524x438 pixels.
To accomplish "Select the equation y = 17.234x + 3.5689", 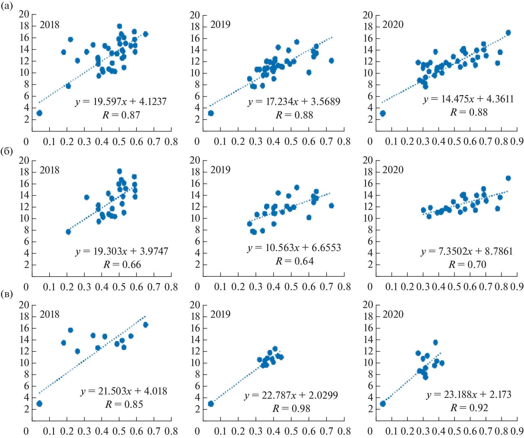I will click(294, 101).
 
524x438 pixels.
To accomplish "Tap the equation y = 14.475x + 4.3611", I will click(468, 99).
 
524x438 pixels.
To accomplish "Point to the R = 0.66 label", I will click(122, 265).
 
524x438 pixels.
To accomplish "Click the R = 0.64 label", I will click(295, 261).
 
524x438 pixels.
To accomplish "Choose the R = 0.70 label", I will click(467, 265).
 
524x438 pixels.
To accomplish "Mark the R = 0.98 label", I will click(291, 409).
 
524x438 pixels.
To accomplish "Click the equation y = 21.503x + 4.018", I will click(124, 391).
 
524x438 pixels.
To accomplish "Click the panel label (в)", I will click(7, 295).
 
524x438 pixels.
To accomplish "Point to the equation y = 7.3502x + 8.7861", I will click(467, 251).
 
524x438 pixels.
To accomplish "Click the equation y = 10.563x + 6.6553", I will click(294, 248).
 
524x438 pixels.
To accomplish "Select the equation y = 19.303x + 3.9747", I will click(122, 251).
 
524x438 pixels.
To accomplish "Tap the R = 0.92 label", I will click(469, 408).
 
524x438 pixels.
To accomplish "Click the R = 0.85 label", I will click(124, 404).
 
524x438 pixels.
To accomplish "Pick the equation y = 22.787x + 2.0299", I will click(291, 395).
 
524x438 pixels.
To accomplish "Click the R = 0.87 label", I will click(121, 115).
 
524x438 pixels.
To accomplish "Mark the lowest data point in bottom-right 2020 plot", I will click(382, 404).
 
